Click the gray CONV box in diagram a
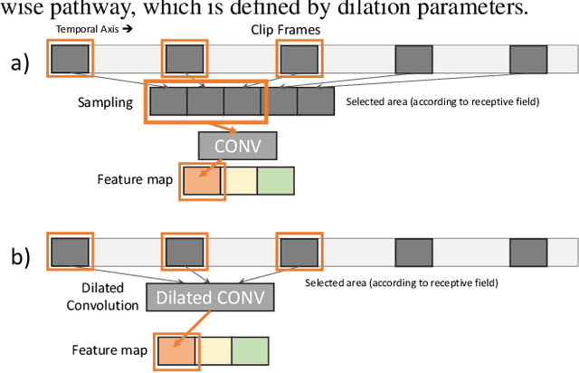pos(237,146)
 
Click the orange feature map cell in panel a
pos(202,180)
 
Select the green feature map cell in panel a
pos(276,180)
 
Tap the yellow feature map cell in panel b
pos(214,350)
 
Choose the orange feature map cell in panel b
pos(176,350)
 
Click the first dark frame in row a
pos(71,60)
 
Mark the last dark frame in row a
pos(529,60)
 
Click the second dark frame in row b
pos(184,250)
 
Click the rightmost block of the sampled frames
pos(316,102)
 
